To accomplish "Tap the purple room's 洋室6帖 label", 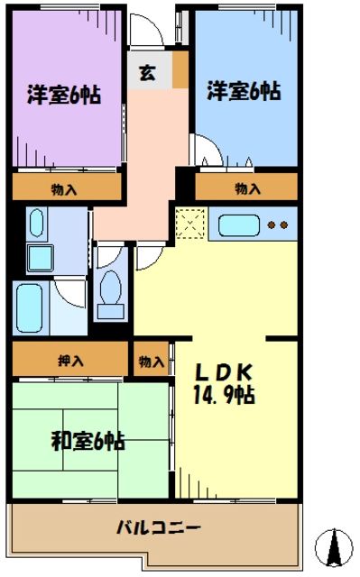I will click(x=63, y=93).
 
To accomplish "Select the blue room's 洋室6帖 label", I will click(x=244, y=91).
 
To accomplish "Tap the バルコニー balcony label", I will click(x=158, y=527).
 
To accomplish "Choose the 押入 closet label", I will click(x=71, y=361).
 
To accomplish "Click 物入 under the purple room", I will click(x=65, y=188).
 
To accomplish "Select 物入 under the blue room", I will click(x=247, y=188).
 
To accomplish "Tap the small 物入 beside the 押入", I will click(x=152, y=362).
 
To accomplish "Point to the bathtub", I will click(x=32, y=307).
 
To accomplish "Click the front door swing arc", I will click(x=145, y=31).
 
